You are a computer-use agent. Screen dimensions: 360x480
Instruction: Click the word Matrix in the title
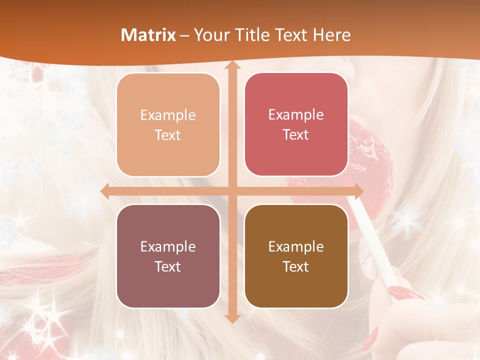[148, 35]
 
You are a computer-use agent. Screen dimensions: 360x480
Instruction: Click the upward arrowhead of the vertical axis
[232, 65]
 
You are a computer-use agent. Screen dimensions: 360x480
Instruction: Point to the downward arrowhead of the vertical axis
[232, 318]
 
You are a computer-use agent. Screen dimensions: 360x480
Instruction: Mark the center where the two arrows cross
[232, 191]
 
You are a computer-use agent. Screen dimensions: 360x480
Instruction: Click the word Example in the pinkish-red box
[296, 115]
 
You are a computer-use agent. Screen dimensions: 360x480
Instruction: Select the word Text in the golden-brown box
[296, 267]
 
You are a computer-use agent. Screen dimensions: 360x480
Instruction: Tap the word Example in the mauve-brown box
[168, 247]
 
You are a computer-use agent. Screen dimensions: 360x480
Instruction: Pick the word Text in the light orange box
[168, 135]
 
